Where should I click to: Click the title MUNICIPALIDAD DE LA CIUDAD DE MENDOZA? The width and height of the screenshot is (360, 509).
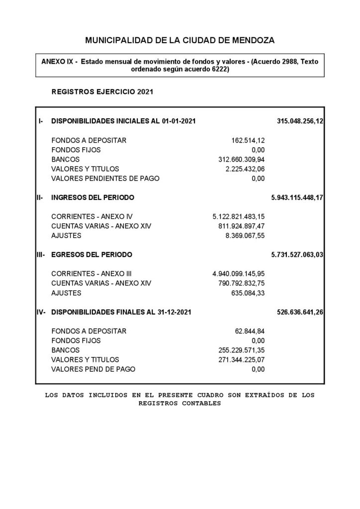[180, 40]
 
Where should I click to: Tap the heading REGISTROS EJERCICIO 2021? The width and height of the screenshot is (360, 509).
[102, 92]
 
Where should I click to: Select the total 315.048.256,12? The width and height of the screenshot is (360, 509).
[300, 121]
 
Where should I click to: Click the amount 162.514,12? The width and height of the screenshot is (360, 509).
[248, 140]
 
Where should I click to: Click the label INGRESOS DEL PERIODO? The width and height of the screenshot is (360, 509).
[93, 197]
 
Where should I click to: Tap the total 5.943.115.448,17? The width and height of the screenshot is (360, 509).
[297, 197]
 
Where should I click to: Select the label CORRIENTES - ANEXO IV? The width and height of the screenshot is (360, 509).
[92, 216]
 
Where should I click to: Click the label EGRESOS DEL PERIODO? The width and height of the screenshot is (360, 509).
[92, 254]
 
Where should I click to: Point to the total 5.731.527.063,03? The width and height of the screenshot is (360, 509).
[297, 254]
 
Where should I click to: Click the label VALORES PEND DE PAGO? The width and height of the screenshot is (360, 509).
[93, 369]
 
